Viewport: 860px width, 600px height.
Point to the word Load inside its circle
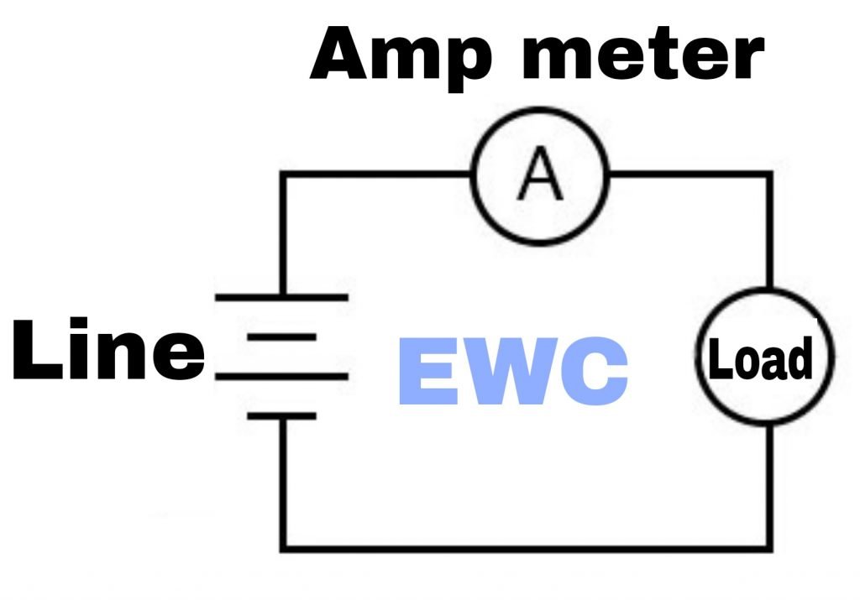click(x=764, y=359)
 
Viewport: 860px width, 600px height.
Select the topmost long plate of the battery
click(x=281, y=296)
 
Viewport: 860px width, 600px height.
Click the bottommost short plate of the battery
click(x=281, y=415)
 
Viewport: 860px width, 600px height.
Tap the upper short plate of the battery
click(x=281, y=337)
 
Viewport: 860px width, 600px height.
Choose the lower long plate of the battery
click(x=281, y=376)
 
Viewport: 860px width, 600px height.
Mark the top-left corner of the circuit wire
click(x=282, y=175)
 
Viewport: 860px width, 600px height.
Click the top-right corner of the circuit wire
click(x=768, y=175)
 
